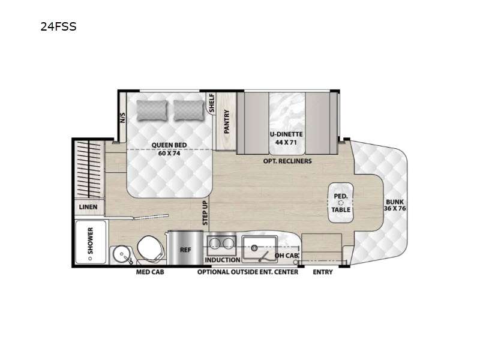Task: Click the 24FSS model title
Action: (x=58, y=26)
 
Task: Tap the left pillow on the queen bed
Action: (x=152, y=110)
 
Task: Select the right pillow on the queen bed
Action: (x=189, y=110)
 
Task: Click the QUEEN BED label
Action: (x=169, y=145)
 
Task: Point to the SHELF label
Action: (x=212, y=103)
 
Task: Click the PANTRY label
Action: (x=227, y=122)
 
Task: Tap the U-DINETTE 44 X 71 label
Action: (x=286, y=138)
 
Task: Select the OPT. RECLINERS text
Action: (x=287, y=161)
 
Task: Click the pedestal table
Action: (x=341, y=203)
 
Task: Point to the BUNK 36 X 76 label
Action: (x=395, y=205)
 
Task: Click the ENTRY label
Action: (x=323, y=272)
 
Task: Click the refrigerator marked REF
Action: (x=185, y=248)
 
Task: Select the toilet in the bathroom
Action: (x=150, y=248)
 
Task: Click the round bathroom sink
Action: (x=122, y=254)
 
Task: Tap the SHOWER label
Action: (x=91, y=241)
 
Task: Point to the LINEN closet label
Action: (x=88, y=207)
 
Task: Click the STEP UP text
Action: (x=205, y=213)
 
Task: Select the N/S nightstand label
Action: (x=122, y=118)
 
